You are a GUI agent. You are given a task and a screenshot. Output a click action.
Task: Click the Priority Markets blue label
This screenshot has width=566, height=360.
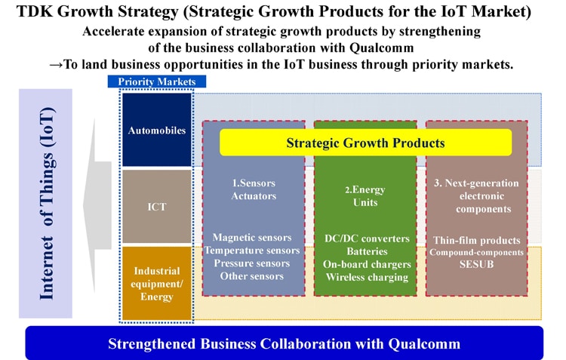(157, 82)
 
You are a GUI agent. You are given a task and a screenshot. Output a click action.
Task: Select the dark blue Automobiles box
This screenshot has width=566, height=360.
(157, 130)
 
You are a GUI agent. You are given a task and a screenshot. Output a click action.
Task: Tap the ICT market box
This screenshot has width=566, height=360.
(157, 207)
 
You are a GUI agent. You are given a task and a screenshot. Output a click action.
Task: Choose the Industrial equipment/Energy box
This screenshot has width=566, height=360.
(157, 284)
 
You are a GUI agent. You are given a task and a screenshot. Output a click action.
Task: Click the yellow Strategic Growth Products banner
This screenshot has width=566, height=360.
(365, 143)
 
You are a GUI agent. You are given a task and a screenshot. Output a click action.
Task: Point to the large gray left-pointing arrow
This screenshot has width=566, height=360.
(97, 205)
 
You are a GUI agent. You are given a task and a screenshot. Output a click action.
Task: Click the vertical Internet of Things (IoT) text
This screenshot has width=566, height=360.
(47, 204)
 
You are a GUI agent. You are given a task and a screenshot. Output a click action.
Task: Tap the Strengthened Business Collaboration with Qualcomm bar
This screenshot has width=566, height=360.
(284, 343)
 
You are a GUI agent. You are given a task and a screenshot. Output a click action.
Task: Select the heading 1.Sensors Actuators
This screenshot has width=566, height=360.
(254, 189)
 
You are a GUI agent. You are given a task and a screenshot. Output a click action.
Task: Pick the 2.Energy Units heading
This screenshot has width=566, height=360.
(365, 195)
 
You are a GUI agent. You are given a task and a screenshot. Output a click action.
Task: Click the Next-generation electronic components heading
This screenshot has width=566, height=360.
(476, 195)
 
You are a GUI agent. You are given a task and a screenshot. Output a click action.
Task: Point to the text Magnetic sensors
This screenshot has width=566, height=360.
(252, 237)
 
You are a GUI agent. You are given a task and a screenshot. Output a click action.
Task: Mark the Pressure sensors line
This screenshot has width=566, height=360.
(252, 263)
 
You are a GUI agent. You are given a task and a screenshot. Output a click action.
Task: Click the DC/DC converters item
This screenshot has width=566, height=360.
(367, 238)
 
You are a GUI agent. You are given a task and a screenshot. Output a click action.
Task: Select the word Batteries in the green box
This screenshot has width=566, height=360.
(367, 251)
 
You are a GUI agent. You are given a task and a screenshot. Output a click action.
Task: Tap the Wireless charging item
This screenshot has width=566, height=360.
(367, 277)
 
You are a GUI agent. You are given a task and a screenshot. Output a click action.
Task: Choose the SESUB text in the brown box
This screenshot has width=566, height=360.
(476, 264)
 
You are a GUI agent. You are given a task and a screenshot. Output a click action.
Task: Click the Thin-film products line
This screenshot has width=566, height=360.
(477, 240)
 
